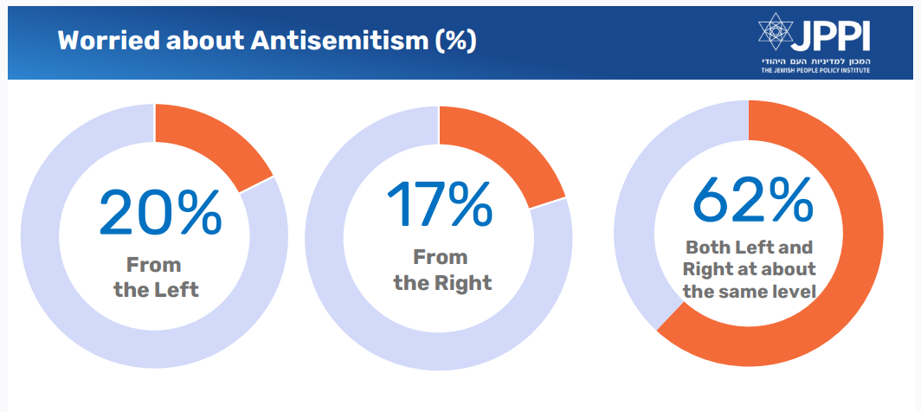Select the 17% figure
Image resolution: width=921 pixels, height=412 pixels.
(x=440, y=203)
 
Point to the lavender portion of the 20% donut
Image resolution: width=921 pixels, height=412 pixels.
(x=52, y=260)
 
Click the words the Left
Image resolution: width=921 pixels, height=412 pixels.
(x=156, y=289)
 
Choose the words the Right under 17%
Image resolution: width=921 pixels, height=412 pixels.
(x=441, y=283)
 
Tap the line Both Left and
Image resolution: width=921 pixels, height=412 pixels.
(x=750, y=246)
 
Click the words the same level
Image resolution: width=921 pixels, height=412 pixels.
(x=750, y=291)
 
